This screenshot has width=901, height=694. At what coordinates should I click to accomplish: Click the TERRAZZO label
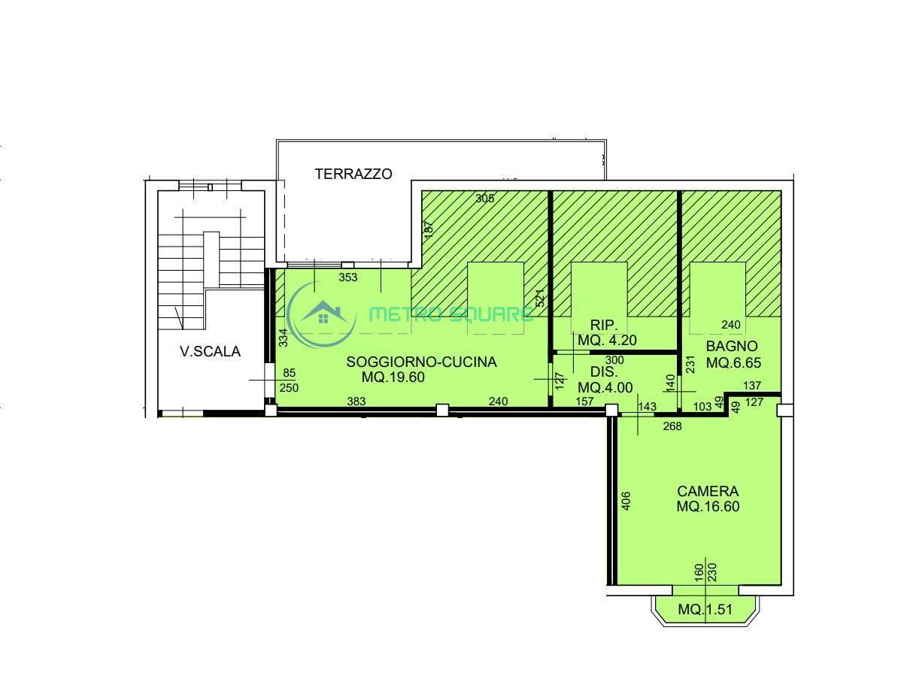tap(353, 174)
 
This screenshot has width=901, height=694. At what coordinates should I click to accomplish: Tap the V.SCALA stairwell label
tap(211, 352)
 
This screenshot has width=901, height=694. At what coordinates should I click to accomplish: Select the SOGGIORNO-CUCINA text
tap(421, 362)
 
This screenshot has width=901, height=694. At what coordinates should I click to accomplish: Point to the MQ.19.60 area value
tap(393, 377)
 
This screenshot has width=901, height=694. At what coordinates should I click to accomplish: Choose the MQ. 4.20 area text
tap(607, 340)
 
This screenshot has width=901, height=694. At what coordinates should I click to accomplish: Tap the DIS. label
tap(587, 371)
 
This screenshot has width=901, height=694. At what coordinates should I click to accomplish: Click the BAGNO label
tap(732, 347)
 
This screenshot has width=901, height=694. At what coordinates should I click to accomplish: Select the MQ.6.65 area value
tap(733, 363)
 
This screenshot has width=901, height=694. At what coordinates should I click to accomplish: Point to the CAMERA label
tap(708, 491)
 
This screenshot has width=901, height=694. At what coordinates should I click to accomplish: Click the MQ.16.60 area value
tap(708, 507)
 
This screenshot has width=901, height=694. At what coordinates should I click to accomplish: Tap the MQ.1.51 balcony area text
tap(705, 610)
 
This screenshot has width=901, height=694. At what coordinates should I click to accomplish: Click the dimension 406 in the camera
tap(626, 501)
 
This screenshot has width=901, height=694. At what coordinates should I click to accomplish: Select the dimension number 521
tap(539, 298)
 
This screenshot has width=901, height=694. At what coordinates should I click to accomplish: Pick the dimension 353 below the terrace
tap(347, 277)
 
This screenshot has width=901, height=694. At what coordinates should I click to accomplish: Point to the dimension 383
tap(356, 401)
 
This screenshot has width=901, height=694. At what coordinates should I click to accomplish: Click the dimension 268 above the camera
tap(672, 426)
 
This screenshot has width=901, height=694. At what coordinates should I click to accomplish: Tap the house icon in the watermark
tap(323, 313)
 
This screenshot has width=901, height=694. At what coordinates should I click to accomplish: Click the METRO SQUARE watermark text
tap(450, 314)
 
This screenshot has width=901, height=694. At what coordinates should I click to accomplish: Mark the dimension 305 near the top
tap(485, 199)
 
